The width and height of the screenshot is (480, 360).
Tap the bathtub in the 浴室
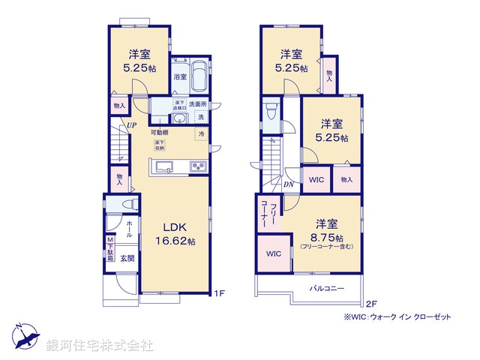click(x=200, y=76)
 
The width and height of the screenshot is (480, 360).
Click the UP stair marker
click(x=131, y=125)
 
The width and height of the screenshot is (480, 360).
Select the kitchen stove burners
click(x=199, y=166)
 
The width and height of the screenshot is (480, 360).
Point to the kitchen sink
click(x=165, y=166)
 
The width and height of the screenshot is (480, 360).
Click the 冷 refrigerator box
click(x=200, y=134)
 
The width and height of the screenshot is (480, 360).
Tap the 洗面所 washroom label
click(x=197, y=103)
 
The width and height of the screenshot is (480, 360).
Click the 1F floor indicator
click(x=218, y=293)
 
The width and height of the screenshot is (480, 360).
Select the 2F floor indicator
click(x=370, y=304)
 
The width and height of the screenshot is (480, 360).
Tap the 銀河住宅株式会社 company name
click(x=100, y=346)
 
